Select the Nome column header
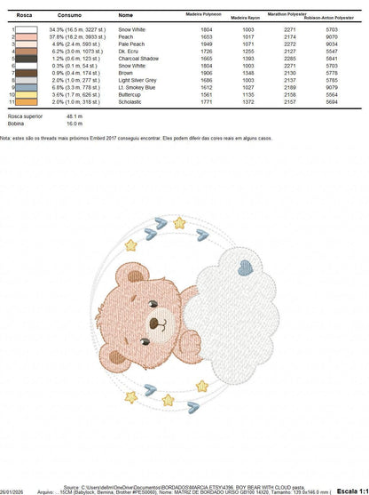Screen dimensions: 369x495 125,15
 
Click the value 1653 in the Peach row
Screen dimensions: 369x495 207,36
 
